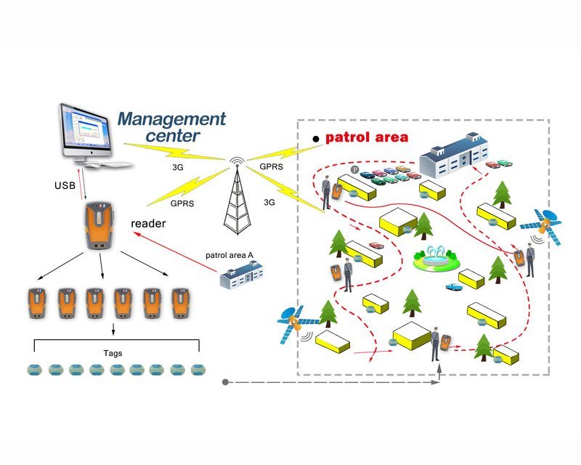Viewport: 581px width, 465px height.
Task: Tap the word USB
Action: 65,185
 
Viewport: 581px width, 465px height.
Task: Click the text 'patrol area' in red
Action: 367,137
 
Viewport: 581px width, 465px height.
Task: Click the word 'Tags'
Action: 113,353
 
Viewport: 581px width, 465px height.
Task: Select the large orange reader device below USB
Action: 100,227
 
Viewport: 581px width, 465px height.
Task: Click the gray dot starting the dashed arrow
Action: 227,381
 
